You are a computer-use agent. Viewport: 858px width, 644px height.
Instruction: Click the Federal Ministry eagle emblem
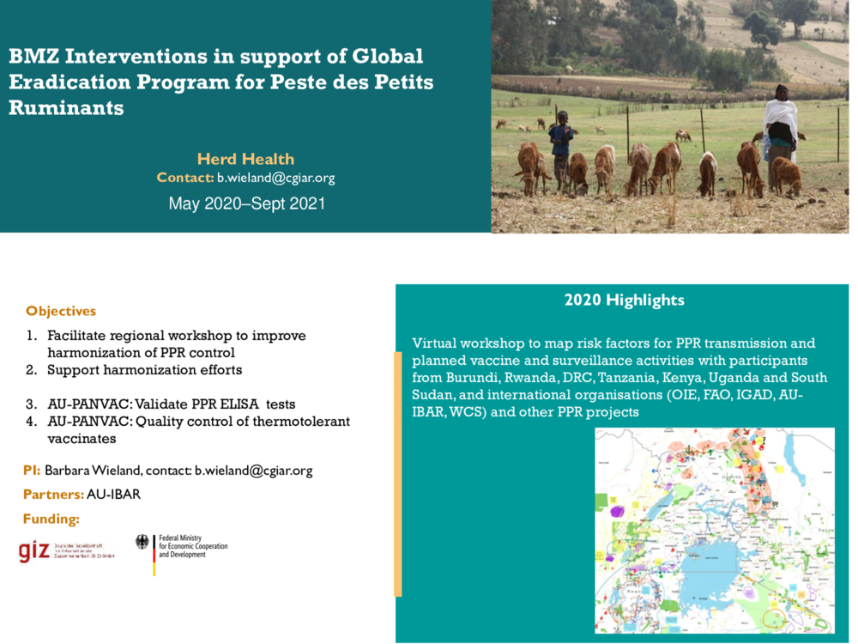point(142,543)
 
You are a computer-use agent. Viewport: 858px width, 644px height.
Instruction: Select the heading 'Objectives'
point(61,311)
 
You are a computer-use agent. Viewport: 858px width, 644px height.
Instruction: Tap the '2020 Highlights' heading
point(624,301)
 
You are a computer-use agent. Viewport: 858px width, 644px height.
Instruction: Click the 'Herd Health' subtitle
point(245,159)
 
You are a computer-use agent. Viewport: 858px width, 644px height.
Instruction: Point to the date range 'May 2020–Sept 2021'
point(246,204)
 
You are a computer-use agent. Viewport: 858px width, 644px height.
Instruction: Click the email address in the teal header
point(275,179)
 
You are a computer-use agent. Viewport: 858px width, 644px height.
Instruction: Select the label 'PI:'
point(32,471)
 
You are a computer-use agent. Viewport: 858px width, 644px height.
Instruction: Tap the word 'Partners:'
point(53,495)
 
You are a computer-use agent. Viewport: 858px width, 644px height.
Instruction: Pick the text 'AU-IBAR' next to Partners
point(113,495)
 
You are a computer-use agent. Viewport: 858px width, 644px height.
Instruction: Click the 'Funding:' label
point(51,519)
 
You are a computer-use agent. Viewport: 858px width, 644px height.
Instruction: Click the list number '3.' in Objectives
point(31,404)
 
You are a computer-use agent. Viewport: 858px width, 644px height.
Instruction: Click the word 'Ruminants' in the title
point(66,108)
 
